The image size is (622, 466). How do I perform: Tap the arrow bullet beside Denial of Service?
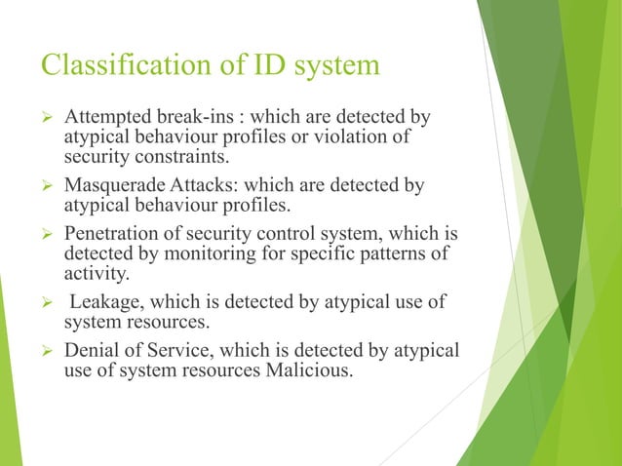pyautogui.click(x=46, y=350)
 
